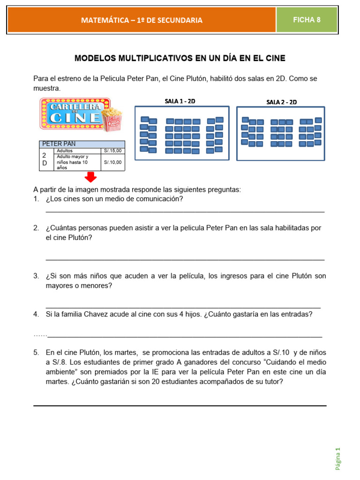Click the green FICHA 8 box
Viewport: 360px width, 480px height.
tap(307, 20)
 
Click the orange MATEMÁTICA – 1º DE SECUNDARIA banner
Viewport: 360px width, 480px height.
tap(142, 20)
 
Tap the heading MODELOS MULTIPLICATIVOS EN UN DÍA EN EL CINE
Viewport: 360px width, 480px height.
tap(180, 58)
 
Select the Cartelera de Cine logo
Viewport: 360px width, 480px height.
tap(75, 113)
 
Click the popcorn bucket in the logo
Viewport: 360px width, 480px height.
tap(112, 120)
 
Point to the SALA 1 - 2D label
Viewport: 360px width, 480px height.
tap(180, 101)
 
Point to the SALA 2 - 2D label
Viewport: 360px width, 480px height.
tap(281, 102)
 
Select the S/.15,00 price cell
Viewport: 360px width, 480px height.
tap(112, 151)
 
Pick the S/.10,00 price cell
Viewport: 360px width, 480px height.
tap(112, 162)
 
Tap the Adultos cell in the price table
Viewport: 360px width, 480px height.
tap(65, 151)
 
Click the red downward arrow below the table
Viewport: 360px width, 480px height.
tap(90, 177)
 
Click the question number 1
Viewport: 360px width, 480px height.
tap(36, 199)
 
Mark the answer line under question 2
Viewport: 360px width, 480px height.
tap(185, 259)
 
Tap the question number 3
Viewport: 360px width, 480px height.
tap(36, 276)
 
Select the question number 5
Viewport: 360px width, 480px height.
tap(36, 352)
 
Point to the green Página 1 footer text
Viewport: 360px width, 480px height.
tap(337, 458)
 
